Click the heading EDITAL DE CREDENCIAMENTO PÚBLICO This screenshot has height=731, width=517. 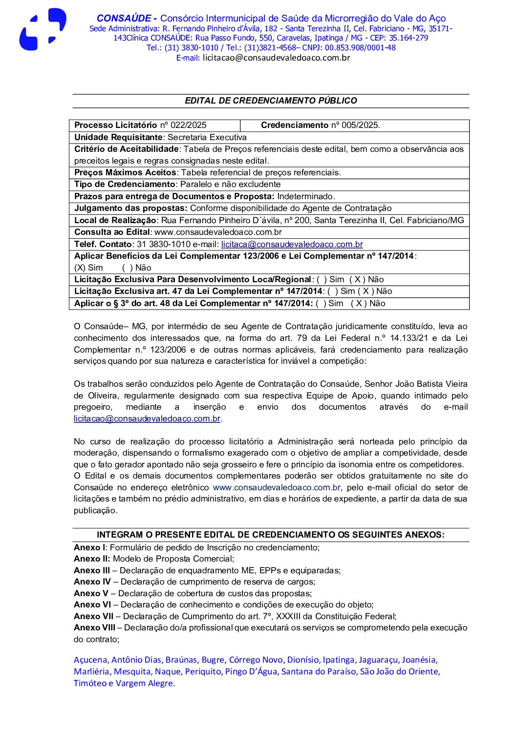click(x=271, y=101)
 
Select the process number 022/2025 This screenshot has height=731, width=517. click(x=189, y=125)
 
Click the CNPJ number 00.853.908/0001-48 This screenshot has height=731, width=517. click(x=360, y=47)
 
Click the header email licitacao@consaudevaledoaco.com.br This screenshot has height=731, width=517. click(x=276, y=58)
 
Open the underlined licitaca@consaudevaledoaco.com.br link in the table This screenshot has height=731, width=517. click(x=292, y=244)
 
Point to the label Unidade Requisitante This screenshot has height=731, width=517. click(x=118, y=137)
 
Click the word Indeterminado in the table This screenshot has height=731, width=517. click(x=306, y=196)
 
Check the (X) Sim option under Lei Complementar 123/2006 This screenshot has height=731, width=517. click(x=88, y=268)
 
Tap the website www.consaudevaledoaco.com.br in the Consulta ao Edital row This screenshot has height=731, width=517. click(x=218, y=232)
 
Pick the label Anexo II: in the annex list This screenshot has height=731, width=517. click(x=92, y=559)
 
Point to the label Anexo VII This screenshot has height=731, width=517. click(x=93, y=616)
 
